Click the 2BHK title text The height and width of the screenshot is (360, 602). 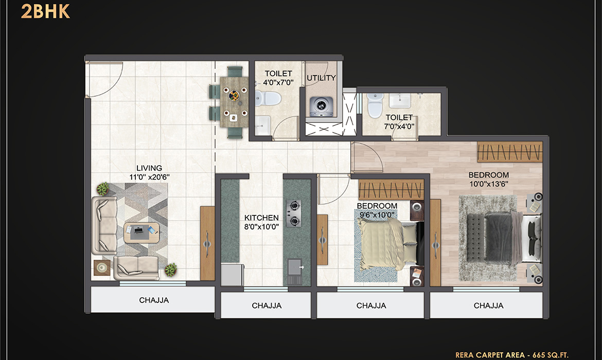pyautogui.click(x=45, y=11)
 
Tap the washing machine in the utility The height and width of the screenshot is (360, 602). pyautogui.click(x=322, y=105)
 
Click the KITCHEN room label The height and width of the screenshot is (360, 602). pyautogui.click(x=261, y=218)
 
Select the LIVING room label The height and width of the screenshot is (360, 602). pyautogui.click(x=149, y=168)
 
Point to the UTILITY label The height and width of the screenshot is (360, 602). pyautogui.click(x=322, y=78)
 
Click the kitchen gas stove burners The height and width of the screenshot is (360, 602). pyautogui.click(x=294, y=213)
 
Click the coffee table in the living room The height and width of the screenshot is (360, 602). pyautogui.click(x=141, y=232)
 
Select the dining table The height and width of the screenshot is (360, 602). pyautogui.click(x=234, y=102)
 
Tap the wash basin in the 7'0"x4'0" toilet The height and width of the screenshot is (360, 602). pyautogui.click(x=399, y=101)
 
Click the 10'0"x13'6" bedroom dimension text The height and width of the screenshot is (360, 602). pyautogui.click(x=489, y=184)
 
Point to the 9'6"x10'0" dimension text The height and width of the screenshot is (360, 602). pyautogui.click(x=377, y=215)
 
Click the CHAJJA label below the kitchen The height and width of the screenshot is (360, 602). pyautogui.click(x=267, y=306)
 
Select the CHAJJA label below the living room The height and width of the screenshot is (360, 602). pyautogui.click(x=154, y=300)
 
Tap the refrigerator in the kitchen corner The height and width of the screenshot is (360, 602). pyautogui.click(x=232, y=275)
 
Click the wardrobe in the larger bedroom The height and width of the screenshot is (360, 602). pyautogui.click(x=510, y=152)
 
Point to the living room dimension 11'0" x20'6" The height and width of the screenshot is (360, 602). pyautogui.click(x=149, y=177)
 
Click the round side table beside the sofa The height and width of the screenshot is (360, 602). pyautogui.click(x=102, y=267)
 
